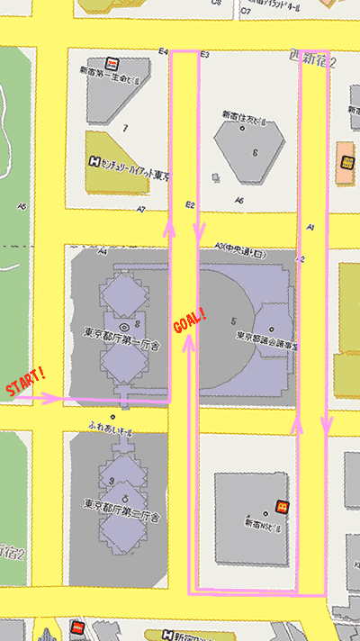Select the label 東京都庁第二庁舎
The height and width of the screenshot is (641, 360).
pos(121,518)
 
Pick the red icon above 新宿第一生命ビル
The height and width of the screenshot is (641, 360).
pos(112,64)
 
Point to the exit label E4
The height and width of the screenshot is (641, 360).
pos(163,51)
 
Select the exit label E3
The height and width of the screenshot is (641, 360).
pos(204,55)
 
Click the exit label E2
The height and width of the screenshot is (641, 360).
pos(190,205)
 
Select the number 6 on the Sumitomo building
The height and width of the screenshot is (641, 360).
pos(255,153)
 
